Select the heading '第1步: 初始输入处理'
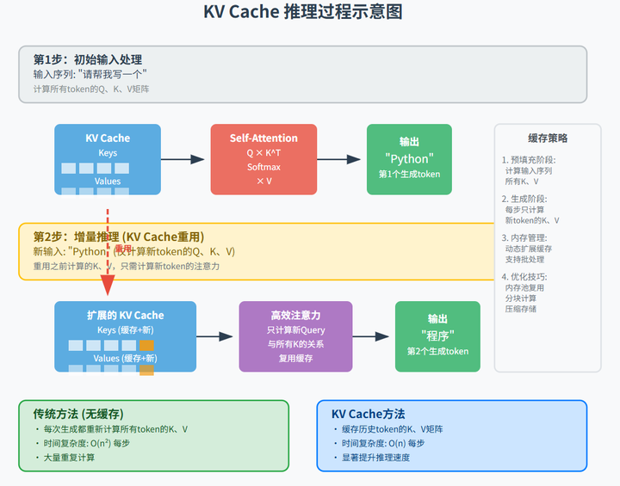88,59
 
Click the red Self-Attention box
263,159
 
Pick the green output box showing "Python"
409,159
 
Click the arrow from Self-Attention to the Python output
341,159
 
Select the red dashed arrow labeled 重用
108,249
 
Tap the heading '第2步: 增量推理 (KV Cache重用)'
119,237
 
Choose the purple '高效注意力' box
295,335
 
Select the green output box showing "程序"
437,335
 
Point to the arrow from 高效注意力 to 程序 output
373,335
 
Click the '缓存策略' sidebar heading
548,138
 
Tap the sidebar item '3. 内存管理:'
524,237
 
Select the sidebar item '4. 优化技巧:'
524,277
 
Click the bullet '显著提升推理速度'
375,458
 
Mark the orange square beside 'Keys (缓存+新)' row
146,346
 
